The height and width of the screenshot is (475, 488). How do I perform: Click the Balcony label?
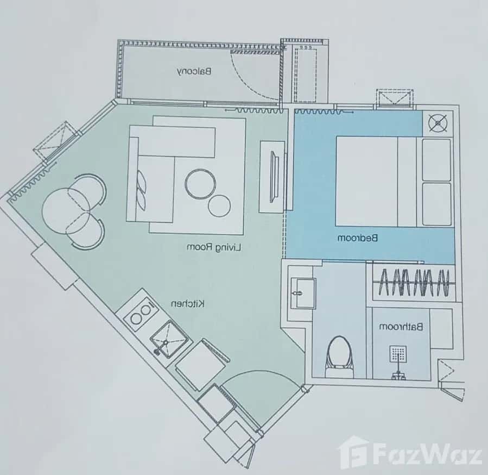(194, 71)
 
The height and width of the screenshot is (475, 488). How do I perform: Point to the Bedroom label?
(358, 237)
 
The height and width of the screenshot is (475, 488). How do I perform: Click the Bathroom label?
(408, 327)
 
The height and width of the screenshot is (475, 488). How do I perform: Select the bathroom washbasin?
(302, 293)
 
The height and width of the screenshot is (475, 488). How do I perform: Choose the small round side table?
(220, 205)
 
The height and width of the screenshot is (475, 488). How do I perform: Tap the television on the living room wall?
(277, 176)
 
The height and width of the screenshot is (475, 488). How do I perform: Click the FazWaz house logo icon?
(353, 452)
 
